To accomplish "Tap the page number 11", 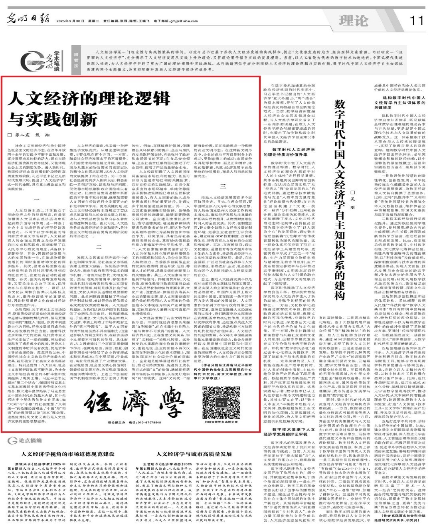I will click(x=416, y=20).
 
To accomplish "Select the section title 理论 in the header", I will click(x=354, y=20).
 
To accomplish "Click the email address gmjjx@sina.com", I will click(x=182, y=21).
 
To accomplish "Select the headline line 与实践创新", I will click(x=53, y=119).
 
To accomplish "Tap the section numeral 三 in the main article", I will click(x=223, y=186).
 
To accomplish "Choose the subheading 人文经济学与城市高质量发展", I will click(x=194, y=454).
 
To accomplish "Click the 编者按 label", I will click(x=76, y=60).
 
